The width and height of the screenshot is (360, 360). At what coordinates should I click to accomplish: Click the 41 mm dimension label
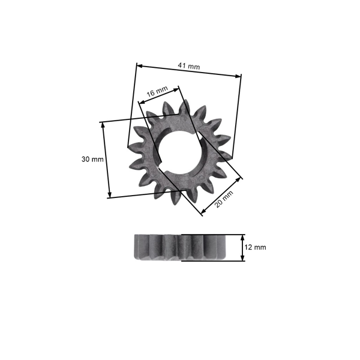(190, 67)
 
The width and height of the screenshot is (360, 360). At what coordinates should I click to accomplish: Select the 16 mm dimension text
(157, 92)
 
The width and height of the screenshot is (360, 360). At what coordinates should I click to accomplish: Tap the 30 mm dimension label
(92, 160)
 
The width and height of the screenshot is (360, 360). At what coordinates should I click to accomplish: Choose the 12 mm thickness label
(256, 247)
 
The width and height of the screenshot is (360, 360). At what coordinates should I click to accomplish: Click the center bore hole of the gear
(178, 154)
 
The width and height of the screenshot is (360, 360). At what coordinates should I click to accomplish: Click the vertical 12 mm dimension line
(242, 247)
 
